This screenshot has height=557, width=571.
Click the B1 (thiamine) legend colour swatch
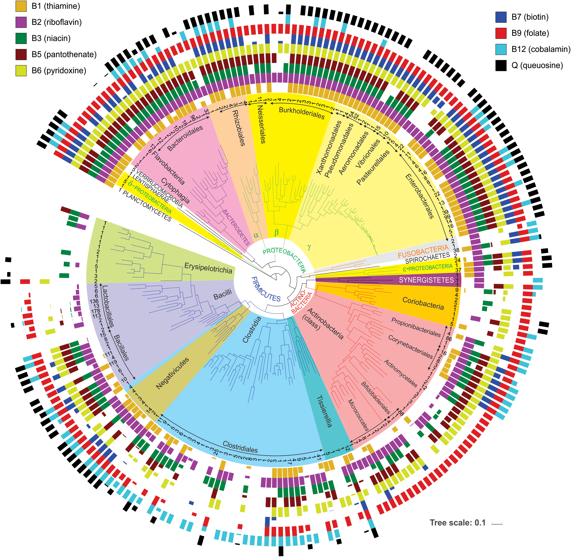pos(21,6)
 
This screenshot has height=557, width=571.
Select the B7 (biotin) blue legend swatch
pos(501,17)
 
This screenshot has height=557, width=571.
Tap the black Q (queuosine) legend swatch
pos(501,65)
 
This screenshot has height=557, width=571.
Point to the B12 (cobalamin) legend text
pos(541,49)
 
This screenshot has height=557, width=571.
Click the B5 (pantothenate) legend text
pos(64,54)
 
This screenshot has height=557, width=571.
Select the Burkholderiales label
pos(302,113)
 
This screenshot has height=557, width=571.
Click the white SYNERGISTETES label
pos(426,280)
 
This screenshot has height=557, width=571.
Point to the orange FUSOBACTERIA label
pos(423,251)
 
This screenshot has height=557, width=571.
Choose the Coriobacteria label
pos(423,303)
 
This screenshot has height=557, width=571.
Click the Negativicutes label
pos(172,373)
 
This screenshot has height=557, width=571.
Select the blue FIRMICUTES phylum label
pos(266,289)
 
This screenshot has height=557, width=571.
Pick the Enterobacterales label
pos(419,196)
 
